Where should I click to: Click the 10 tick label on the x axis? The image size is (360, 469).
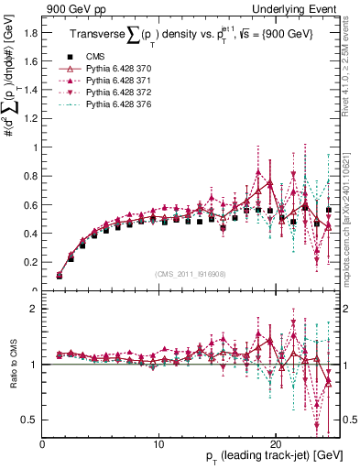(x=158, y=444)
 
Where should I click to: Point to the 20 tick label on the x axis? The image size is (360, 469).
(x=275, y=444)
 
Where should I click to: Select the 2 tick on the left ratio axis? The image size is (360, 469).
(x=35, y=309)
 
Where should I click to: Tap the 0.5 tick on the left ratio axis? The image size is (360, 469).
(x=29, y=420)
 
